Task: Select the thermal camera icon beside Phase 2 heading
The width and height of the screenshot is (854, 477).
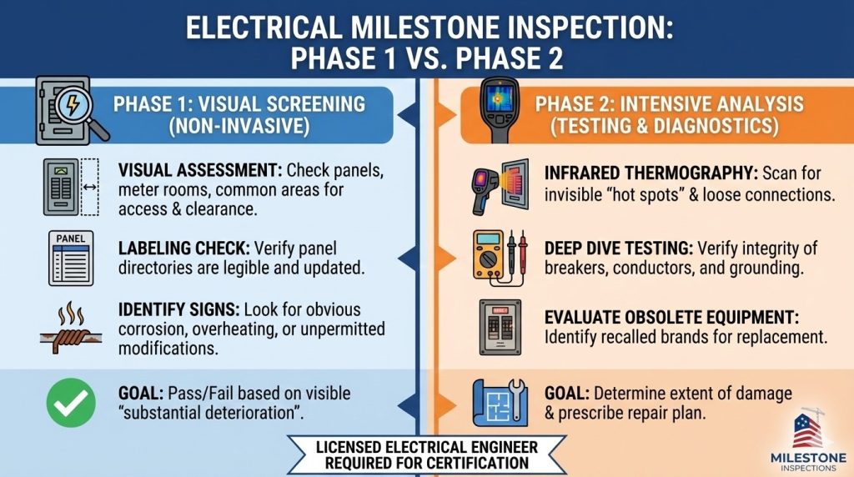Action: tap(499, 108)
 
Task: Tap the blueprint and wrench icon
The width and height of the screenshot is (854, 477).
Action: tap(498, 401)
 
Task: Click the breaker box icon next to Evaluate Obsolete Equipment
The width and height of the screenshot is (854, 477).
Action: tap(499, 328)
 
